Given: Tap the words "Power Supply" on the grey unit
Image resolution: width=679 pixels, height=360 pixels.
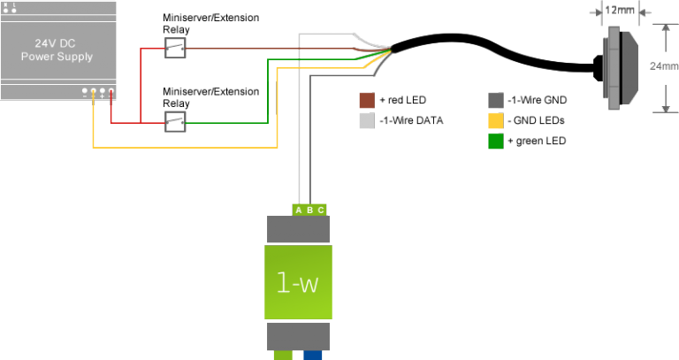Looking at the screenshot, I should tap(57, 56).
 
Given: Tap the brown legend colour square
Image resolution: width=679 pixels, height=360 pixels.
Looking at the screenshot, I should tap(365, 99).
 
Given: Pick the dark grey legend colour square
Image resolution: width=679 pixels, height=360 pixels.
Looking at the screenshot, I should tap(495, 99).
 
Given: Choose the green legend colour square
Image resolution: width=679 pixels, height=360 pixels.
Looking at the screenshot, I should tap(495, 142).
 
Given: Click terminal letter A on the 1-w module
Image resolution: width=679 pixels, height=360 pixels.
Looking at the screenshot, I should tap(299, 210).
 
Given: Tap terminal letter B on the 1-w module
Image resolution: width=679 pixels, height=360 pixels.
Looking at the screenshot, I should tap(309, 210).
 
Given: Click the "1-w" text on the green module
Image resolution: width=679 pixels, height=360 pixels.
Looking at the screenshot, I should tap(298, 283).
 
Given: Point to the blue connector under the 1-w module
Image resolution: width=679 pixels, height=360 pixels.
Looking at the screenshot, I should tap(312, 356).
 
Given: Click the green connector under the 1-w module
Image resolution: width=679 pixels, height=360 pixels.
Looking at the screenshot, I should tap(283, 356).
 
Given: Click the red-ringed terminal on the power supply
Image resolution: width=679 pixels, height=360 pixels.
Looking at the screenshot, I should tap(111, 91).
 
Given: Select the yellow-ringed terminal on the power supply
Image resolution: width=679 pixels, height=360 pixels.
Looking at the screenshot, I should tap(93, 91).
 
